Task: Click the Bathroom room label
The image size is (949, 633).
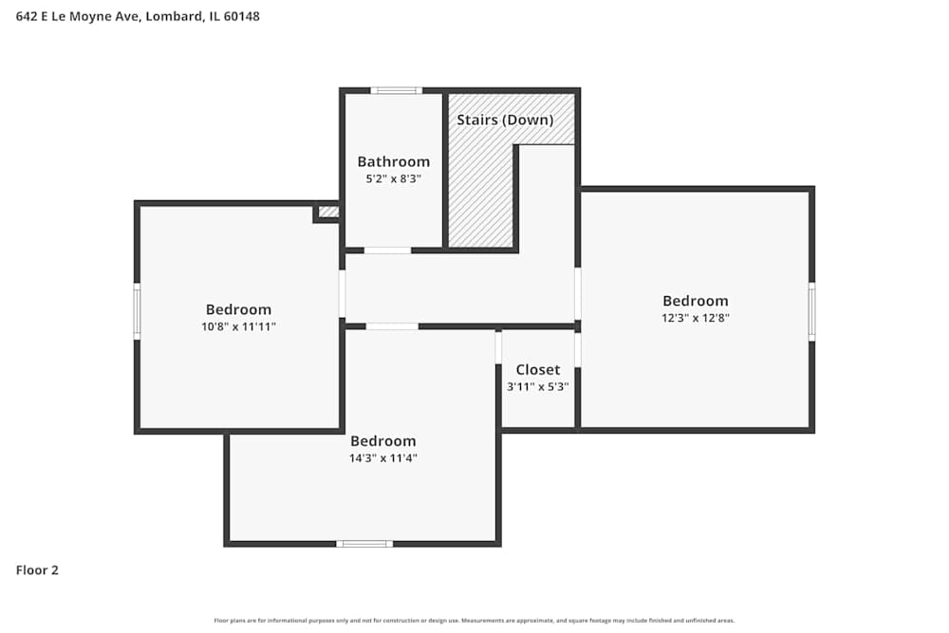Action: tap(393, 161)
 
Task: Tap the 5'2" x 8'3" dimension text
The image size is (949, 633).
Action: tap(393, 177)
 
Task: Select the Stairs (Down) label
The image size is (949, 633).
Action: tap(505, 120)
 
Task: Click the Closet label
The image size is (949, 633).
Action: tap(538, 369)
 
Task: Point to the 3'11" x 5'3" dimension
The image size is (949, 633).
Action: tap(538, 386)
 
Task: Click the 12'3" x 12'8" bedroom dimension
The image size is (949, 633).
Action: tap(696, 318)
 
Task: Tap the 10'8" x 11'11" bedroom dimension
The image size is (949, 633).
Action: tap(238, 326)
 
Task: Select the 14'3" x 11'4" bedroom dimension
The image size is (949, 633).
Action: tap(383, 457)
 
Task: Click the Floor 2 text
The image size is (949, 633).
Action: tap(37, 570)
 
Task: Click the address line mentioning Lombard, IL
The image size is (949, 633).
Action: tap(138, 16)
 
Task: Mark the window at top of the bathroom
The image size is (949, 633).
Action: tap(396, 90)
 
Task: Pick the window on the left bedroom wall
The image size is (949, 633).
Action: tap(137, 311)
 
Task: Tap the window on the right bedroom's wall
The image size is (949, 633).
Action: tap(811, 311)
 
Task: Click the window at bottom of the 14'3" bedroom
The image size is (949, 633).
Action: tap(364, 544)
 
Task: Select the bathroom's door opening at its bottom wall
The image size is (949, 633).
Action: tap(387, 251)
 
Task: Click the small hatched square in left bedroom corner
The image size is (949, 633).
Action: tap(328, 212)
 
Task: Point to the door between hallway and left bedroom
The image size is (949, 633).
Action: tap(343, 294)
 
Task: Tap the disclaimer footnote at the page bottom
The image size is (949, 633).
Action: tap(474, 621)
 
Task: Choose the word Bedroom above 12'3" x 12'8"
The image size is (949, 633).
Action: tap(696, 301)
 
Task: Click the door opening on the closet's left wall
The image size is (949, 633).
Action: tap(498, 347)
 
